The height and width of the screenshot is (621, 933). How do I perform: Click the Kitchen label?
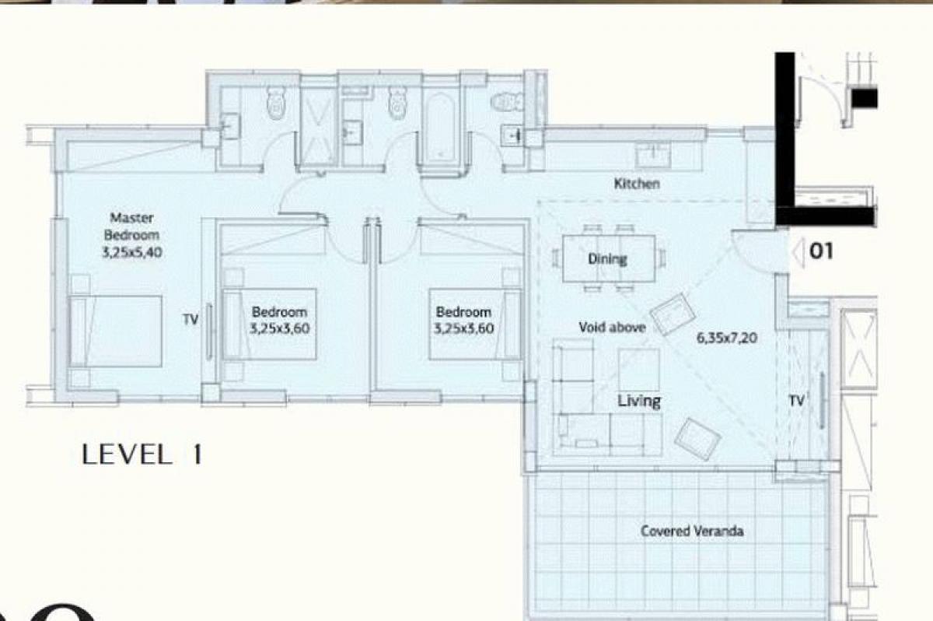click(x=637, y=184)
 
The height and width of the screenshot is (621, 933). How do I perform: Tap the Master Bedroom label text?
click(x=131, y=226)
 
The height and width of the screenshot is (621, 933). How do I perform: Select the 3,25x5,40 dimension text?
click(x=132, y=252)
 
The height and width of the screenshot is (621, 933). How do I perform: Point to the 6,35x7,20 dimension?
click(x=727, y=338)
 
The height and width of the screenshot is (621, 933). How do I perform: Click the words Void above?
click(x=613, y=328)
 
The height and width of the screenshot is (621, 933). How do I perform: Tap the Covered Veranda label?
click(x=692, y=531)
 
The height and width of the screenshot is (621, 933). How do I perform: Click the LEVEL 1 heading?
click(x=142, y=454)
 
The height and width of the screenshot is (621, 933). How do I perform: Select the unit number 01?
click(x=821, y=251)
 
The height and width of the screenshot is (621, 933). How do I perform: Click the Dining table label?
click(x=607, y=259)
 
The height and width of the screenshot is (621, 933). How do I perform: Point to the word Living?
click(x=639, y=401)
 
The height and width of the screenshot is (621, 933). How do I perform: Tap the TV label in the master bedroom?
click(x=190, y=320)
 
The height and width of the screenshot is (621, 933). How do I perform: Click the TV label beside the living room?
click(x=796, y=401)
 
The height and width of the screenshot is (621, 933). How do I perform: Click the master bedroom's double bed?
click(x=116, y=331)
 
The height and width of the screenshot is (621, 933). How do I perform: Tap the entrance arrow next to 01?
click(x=797, y=253)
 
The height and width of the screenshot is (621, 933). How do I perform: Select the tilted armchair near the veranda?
click(x=697, y=439)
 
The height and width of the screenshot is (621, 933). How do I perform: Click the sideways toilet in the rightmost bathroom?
click(x=508, y=101)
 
